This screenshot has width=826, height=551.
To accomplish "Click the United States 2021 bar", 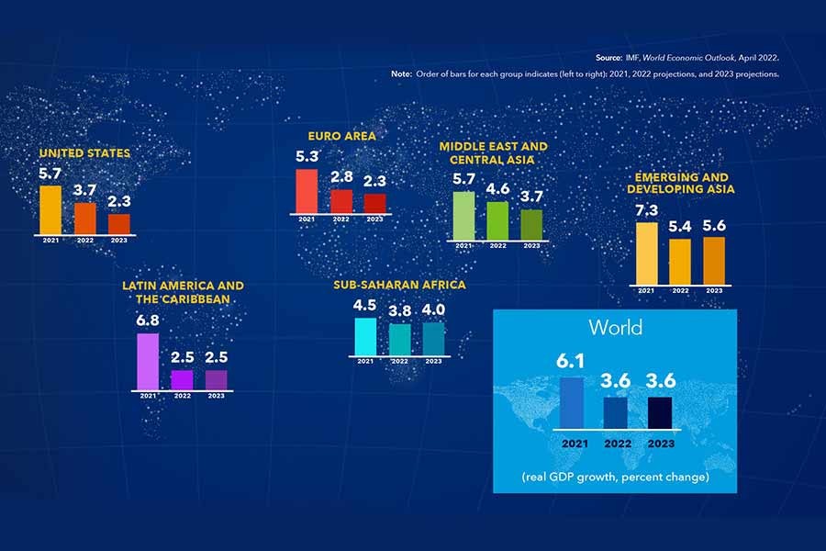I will coord(50,209).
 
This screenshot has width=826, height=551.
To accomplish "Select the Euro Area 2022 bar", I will coord(341,201).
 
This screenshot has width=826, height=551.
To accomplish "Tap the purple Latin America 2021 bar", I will coord(148,361).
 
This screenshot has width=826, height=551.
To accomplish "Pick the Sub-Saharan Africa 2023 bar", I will coord(433,337).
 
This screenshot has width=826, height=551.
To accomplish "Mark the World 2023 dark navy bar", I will coord(659,412).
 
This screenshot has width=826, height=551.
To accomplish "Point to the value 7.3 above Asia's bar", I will coord(646,210).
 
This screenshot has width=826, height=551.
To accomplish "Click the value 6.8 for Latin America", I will coord(148,320).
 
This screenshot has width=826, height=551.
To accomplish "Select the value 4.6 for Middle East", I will coord(497,189).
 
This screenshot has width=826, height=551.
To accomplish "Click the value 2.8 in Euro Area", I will coord(341,177).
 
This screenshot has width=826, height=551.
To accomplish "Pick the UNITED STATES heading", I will coord(84,152).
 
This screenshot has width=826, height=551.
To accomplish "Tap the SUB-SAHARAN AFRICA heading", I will coord(399,285).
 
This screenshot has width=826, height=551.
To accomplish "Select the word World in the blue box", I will coord(615,327).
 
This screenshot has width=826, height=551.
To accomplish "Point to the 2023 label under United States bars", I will coord(119,240).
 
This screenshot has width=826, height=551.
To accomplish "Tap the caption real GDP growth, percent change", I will coord(615,478).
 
